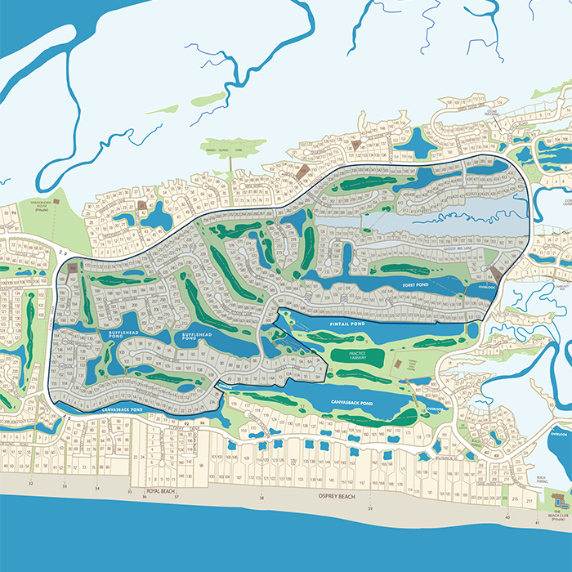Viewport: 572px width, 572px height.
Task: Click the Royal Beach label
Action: [163, 491]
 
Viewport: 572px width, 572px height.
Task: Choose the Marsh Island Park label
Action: [228, 147]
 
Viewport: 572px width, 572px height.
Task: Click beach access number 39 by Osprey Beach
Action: [370, 509]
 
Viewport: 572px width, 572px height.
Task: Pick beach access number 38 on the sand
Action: [261, 497]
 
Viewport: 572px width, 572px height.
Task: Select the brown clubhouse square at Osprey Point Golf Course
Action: [396, 362]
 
